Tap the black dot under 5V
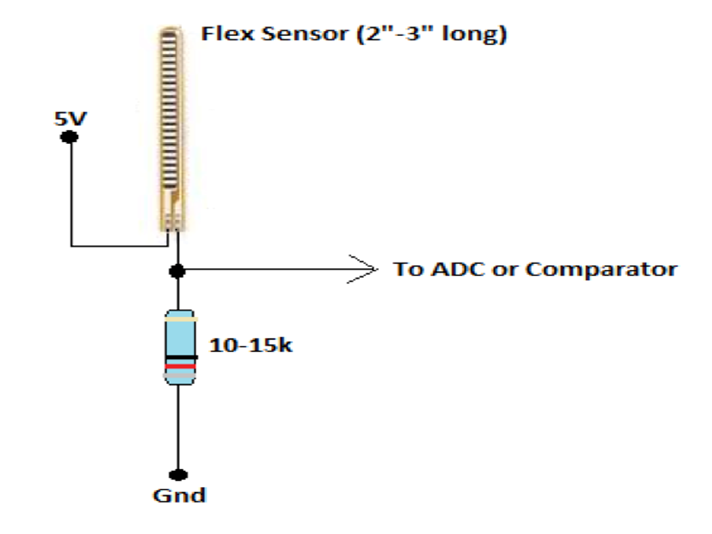point(69,137)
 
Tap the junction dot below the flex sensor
point(177,270)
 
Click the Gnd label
point(177,495)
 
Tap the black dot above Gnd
point(177,475)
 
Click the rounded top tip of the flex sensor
point(172,33)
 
